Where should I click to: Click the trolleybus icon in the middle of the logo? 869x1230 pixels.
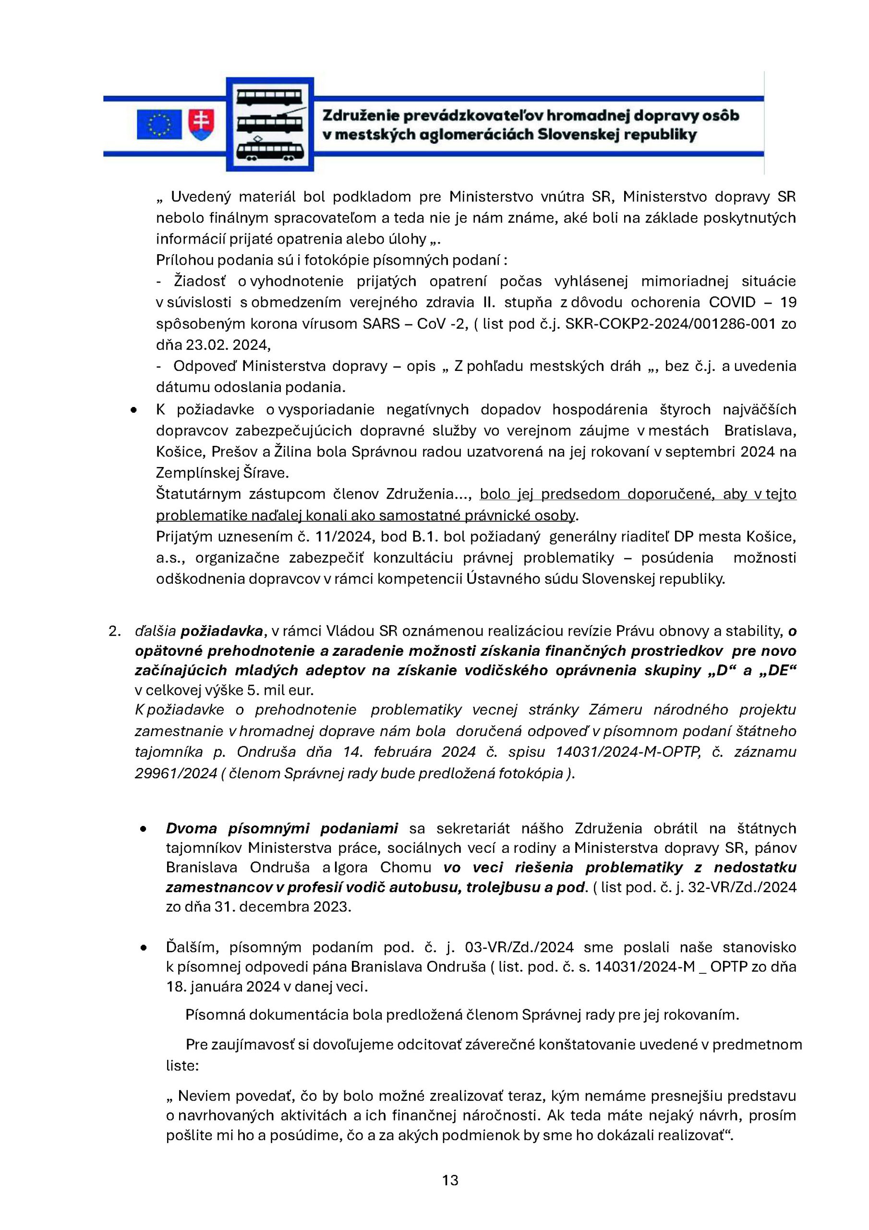[270, 123]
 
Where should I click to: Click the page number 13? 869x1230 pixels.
[450, 1180]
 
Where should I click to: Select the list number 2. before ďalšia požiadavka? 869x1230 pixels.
[114, 631]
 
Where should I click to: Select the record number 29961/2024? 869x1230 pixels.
[176, 773]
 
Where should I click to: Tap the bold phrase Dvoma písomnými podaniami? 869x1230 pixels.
[282, 828]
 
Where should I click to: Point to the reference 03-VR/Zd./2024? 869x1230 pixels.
[519, 947]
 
